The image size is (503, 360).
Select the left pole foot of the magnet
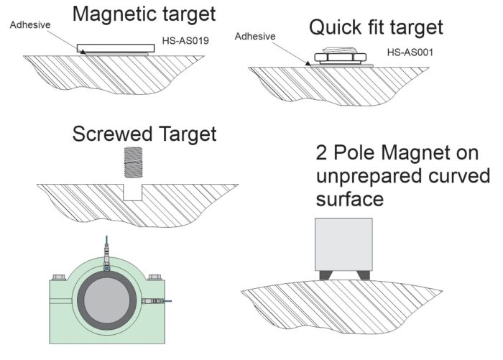tap(328, 274)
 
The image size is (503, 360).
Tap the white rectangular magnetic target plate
tap(114, 47)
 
